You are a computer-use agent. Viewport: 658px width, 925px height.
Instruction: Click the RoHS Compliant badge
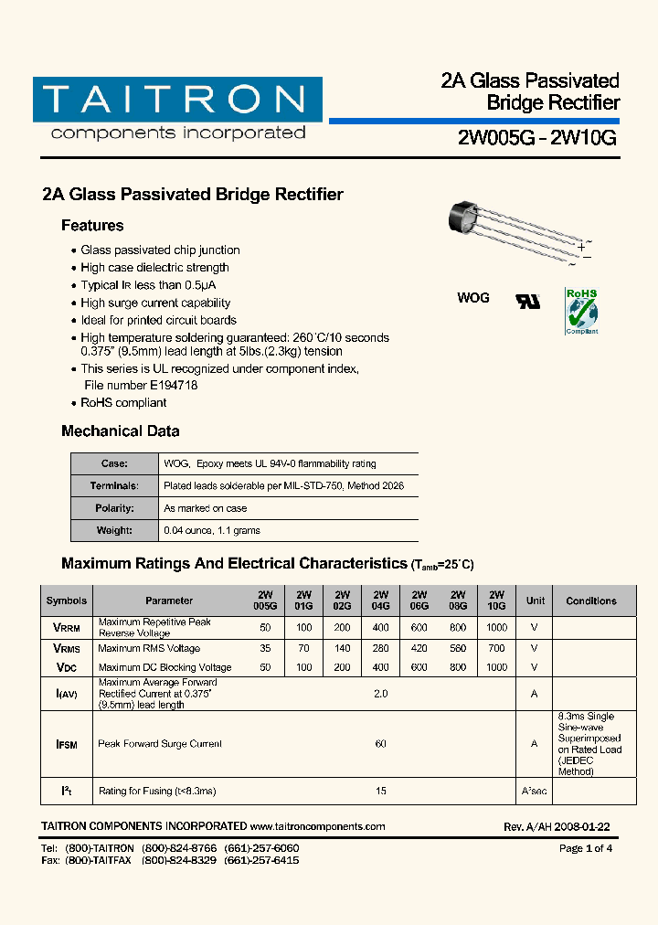coord(581,311)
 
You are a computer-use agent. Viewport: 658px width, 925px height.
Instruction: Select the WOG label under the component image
coord(472,298)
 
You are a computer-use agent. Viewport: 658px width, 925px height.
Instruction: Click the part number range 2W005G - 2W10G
coord(537,138)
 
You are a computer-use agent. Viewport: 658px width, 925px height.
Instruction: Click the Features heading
coord(92,226)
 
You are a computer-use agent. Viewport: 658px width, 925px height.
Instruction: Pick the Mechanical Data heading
coord(120,431)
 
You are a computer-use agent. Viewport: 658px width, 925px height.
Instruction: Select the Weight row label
coord(114,530)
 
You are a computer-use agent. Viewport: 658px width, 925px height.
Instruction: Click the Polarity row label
coord(114,508)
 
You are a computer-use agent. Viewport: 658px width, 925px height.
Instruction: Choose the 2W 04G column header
coord(380,601)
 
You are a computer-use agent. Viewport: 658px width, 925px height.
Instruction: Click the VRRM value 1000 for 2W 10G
coord(496,628)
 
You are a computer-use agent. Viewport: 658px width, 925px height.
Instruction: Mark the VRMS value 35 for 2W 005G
coord(265,648)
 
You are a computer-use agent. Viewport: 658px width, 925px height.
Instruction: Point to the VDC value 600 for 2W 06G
coord(419,667)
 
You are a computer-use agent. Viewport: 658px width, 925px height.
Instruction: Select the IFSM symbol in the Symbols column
coord(67,745)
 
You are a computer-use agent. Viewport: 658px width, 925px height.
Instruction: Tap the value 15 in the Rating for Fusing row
coord(380,791)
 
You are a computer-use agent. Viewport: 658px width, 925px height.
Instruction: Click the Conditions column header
coord(591,601)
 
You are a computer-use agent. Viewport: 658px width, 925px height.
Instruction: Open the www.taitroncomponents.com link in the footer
coord(317,826)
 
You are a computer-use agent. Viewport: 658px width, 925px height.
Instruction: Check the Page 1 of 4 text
coord(585,848)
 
